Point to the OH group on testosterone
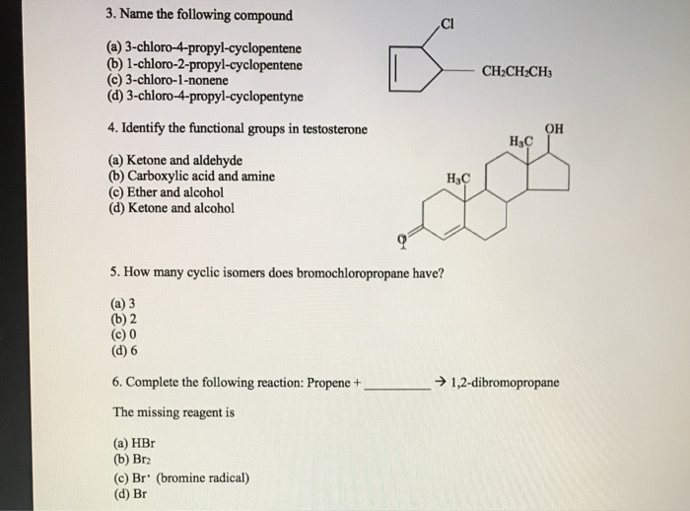click(555, 127)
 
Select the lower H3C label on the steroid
click(458, 179)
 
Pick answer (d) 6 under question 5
click(126, 350)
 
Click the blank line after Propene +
click(397, 383)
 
